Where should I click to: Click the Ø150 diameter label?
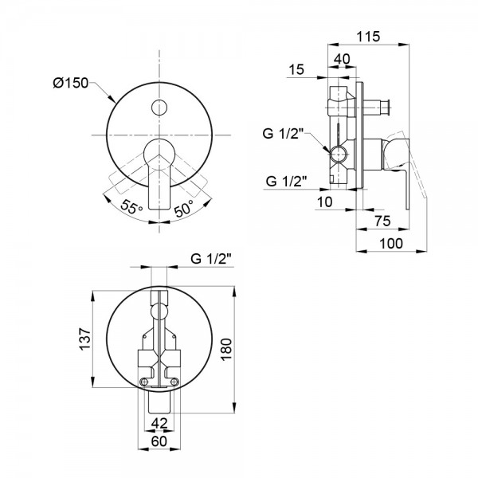pos(70,83)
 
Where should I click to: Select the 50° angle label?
pos(184,208)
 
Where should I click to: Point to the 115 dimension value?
pos(368,37)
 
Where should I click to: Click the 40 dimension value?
pos(342,59)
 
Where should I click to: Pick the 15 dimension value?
pos(296,69)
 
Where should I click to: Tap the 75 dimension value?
pos(382,221)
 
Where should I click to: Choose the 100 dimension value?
pos(391,243)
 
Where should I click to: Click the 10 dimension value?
pos(324,202)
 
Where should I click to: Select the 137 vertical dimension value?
pos(85,339)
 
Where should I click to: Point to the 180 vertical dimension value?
pos(226,350)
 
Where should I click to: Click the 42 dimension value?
pos(159,423)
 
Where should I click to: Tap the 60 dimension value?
pos(159,441)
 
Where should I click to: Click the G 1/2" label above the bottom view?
pos(211,259)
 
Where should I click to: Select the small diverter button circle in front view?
pos(159,108)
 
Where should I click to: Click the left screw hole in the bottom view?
pos(143,382)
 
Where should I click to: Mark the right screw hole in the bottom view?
pos(174,382)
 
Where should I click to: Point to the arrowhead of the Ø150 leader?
pos(114,100)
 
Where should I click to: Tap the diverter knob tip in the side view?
pos(389,108)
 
